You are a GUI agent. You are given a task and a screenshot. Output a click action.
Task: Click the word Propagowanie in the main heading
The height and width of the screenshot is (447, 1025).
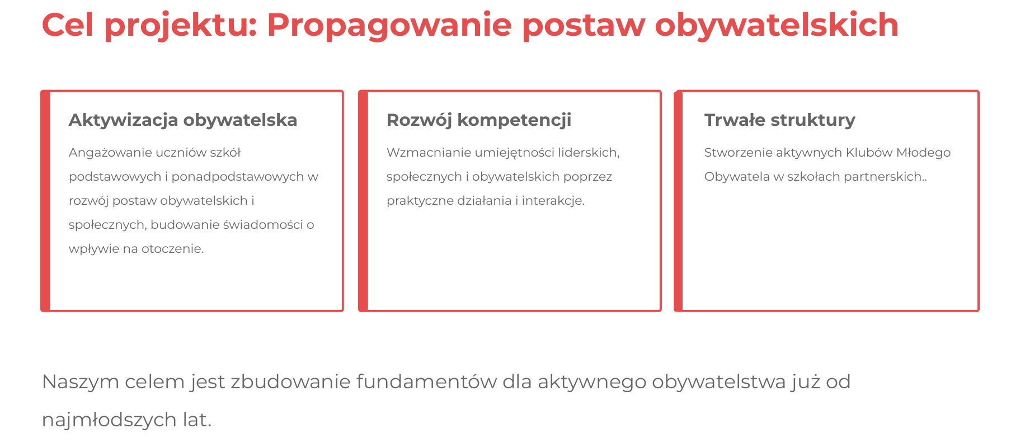[389, 26]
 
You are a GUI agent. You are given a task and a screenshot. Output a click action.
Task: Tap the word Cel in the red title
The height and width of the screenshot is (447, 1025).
[67, 25]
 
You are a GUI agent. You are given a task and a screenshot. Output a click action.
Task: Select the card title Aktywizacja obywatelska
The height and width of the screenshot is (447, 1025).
[183, 120]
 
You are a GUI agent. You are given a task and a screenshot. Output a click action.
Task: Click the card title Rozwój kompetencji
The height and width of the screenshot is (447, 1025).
[479, 120]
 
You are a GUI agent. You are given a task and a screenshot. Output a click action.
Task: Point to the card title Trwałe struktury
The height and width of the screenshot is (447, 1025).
[779, 120]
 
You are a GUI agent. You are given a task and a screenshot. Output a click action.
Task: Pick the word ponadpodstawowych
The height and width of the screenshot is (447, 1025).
[237, 177]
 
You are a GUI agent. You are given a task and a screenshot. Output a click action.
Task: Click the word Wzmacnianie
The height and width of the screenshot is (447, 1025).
[429, 153]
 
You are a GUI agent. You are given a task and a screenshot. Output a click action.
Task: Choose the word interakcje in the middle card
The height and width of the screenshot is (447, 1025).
[553, 201]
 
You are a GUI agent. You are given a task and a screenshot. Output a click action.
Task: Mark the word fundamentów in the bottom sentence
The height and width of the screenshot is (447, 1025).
[426, 382]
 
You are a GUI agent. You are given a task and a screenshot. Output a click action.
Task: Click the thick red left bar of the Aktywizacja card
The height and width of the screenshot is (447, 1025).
[45, 201]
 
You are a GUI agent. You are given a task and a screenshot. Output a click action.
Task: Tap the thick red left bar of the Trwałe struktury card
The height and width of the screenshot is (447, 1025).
[679, 201]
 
